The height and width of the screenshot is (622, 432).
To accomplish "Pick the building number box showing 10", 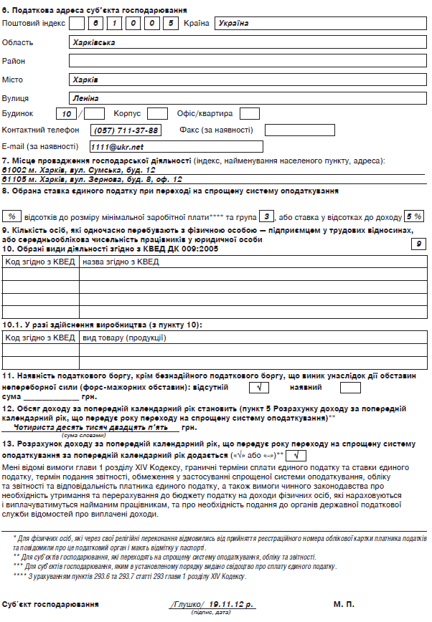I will tap(67, 114).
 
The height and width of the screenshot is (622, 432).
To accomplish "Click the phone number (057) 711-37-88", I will tap(126, 130).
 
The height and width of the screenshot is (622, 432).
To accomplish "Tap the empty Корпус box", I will tap(157, 114).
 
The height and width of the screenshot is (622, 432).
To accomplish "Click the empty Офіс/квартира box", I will tap(249, 114).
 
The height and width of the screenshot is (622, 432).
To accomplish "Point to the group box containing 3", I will tap(266, 216).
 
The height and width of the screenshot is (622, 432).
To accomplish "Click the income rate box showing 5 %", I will tap(413, 216).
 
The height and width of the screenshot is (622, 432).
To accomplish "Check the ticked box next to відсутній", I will tap(253, 388).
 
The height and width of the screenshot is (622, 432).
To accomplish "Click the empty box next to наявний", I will tap(350, 388).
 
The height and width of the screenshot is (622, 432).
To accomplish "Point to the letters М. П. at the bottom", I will tap(344, 605).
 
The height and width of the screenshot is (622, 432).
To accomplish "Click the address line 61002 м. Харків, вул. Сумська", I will tap(79, 171).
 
